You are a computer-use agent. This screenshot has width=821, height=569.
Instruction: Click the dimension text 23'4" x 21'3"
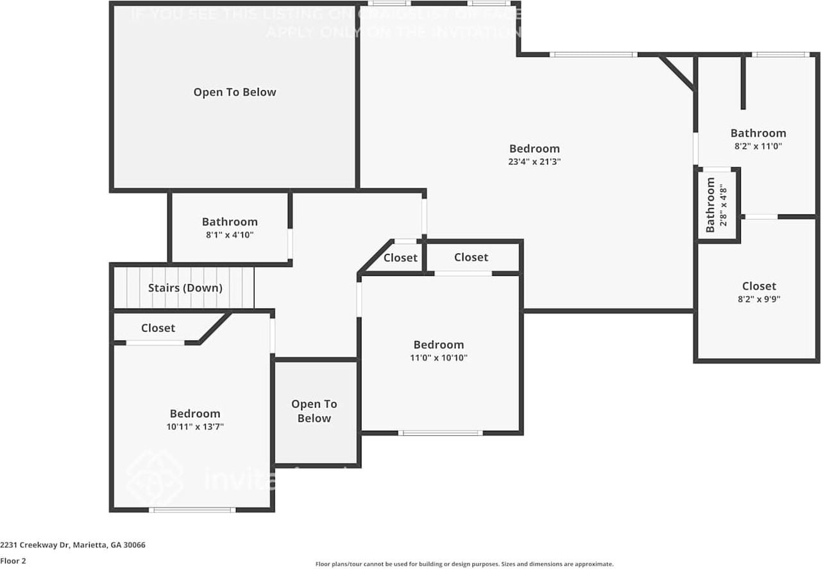(534, 162)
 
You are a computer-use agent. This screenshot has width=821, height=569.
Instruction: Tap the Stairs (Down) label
(185, 288)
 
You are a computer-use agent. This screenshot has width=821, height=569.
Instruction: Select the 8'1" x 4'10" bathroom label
(230, 235)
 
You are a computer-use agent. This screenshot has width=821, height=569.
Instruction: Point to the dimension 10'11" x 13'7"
(195, 426)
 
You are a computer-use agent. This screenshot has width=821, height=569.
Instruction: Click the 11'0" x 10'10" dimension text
(439, 358)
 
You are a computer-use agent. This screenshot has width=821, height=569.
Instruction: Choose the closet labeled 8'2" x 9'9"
(759, 292)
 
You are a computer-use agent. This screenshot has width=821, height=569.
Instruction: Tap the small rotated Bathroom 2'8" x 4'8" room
(717, 204)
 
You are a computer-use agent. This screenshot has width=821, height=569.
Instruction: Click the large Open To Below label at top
(235, 92)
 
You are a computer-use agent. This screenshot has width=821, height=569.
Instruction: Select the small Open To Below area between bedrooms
(314, 411)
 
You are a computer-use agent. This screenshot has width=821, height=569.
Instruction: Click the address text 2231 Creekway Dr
(72, 545)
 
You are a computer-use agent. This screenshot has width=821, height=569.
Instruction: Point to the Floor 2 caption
(13, 560)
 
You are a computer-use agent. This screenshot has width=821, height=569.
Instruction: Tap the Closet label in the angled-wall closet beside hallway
(400, 258)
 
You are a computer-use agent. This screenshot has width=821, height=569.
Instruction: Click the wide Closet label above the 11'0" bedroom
(471, 257)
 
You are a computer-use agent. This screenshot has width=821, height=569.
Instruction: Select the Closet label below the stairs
(158, 328)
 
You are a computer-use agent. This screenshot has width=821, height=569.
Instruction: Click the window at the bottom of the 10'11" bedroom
(192, 510)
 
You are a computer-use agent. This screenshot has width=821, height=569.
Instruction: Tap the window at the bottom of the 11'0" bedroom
(440, 433)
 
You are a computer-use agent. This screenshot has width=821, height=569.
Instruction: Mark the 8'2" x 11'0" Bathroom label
(758, 133)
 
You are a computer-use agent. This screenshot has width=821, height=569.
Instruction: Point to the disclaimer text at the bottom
(464, 564)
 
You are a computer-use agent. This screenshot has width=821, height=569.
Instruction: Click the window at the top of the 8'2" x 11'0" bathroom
(781, 54)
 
